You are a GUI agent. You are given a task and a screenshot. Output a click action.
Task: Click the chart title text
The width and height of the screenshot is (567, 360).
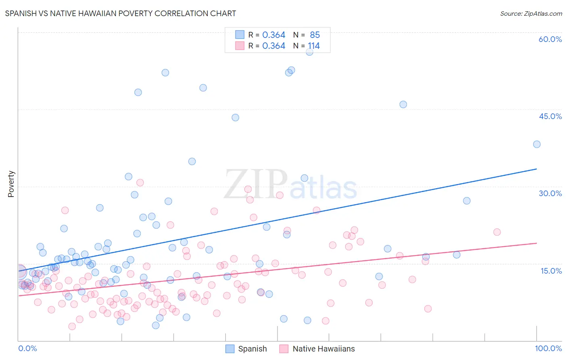(121, 13)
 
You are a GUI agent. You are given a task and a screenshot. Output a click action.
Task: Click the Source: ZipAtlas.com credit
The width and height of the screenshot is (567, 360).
(531, 14)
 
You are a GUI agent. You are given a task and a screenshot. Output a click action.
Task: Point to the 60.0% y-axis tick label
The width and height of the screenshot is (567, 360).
(550, 39)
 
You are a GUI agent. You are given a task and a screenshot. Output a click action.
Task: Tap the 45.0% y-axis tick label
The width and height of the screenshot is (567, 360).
(550, 116)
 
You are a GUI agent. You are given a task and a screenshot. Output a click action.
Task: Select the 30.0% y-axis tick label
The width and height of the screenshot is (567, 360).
(550, 193)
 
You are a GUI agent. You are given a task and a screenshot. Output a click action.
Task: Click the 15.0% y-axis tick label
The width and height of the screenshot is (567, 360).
(551, 271)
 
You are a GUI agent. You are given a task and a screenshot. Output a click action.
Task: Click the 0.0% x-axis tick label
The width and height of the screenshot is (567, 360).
(27, 348)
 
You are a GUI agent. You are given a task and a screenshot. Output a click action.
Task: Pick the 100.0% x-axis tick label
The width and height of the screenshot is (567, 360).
(548, 348)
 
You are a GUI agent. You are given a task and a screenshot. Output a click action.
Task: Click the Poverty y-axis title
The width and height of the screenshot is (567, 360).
(11, 184)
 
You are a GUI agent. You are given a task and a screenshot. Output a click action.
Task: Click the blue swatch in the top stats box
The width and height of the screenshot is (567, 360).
(240, 35)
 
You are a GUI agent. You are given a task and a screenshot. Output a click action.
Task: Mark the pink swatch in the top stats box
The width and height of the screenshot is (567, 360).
(240, 46)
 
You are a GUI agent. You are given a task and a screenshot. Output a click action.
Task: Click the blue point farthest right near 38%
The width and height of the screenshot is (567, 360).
(537, 144)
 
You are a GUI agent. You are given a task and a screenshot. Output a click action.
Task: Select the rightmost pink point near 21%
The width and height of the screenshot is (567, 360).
(497, 232)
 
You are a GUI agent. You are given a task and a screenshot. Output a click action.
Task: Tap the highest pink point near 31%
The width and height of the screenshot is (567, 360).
(140, 182)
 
